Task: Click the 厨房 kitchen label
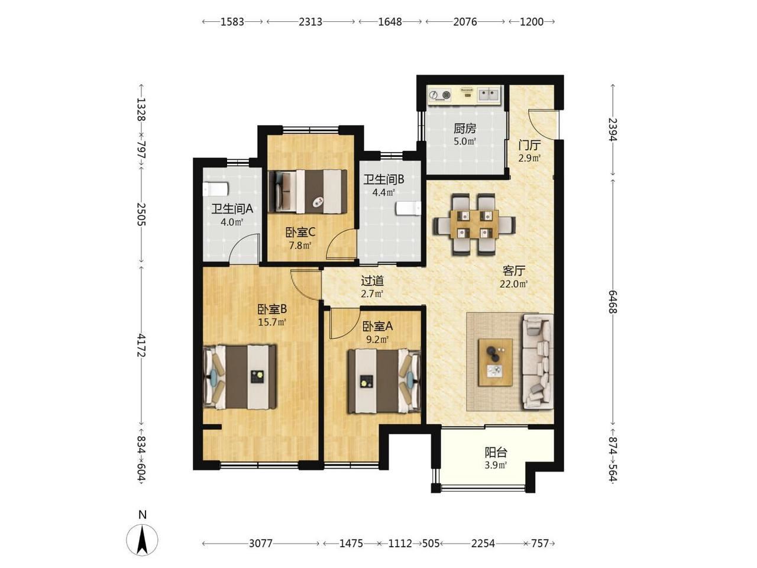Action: pyautogui.click(x=464, y=128)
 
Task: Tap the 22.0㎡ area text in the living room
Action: pyautogui.click(x=513, y=284)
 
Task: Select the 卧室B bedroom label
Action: pyautogui.click(x=272, y=309)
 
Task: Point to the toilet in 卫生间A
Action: pyautogui.click(x=216, y=189)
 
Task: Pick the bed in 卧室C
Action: pyautogui.click(x=308, y=191)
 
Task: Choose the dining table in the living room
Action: pyautogui.click(x=474, y=224)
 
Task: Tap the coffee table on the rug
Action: pyautogui.click(x=495, y=362)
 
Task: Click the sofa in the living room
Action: pyautogui.click(x=538, y=362)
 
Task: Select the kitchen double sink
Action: pyautogui.click(x=489, y=94)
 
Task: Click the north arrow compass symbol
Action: pyautogui.click(x=142, y=540)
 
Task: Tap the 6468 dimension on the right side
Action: pyautogui.click(x=613, y=302)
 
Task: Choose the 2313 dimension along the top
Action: pyautogui.click(x=310, y=22)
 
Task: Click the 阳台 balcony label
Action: pyautogui.click(x=496, y=452)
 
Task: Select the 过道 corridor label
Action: pyautogui.click(x=372, y=280)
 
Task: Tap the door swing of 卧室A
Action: pyautogui.click(x=343, y=324)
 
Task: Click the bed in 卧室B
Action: pyautogui.click(x=240, y=377)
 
